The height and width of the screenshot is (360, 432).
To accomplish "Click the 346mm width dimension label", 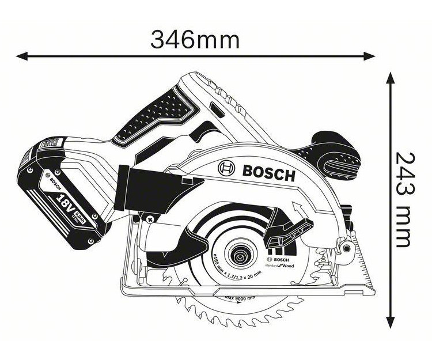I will click(194, 39).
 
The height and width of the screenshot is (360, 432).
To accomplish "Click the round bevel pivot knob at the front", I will click(345, 248).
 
